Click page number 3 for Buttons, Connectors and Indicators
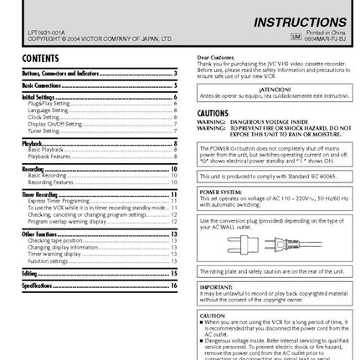tap(174, 74)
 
